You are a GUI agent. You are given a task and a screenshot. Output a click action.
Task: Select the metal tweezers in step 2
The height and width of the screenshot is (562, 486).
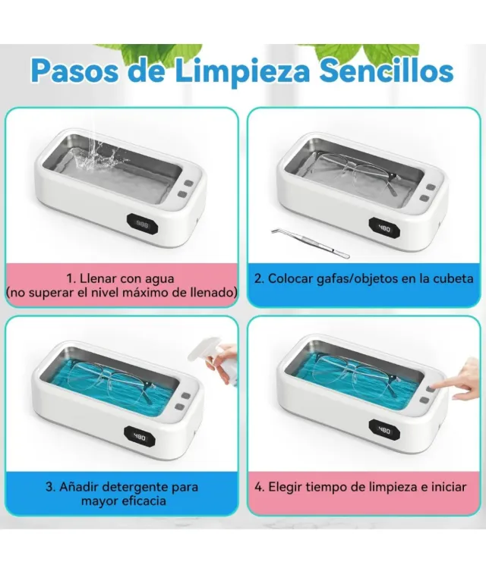pyautogui.click(x=311, y=242)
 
